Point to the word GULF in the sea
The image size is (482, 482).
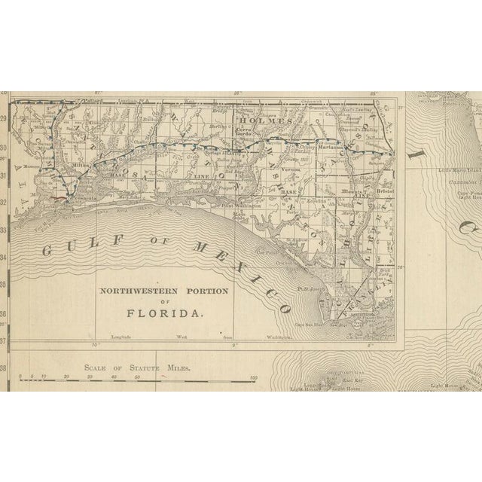click(x=61, y=253)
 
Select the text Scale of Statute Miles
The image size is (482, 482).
click(x=138, y=369)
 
